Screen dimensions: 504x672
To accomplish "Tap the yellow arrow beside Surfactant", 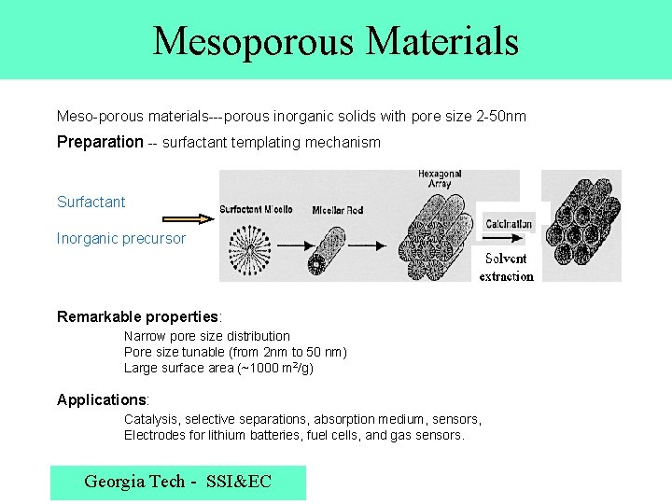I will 194,218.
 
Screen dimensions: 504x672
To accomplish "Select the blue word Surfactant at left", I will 91,203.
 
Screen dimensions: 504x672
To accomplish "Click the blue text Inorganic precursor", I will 121,239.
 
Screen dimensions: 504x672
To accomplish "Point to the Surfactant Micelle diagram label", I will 256,209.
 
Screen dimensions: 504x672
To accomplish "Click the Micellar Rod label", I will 339,210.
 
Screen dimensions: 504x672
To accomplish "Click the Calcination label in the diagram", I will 509,224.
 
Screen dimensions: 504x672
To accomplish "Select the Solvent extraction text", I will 506,267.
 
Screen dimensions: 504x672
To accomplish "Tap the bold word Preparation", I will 100,143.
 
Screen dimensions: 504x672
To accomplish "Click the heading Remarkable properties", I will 139,316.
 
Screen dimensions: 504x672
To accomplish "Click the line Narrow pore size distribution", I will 207,336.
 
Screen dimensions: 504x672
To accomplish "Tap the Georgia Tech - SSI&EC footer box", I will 177,483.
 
